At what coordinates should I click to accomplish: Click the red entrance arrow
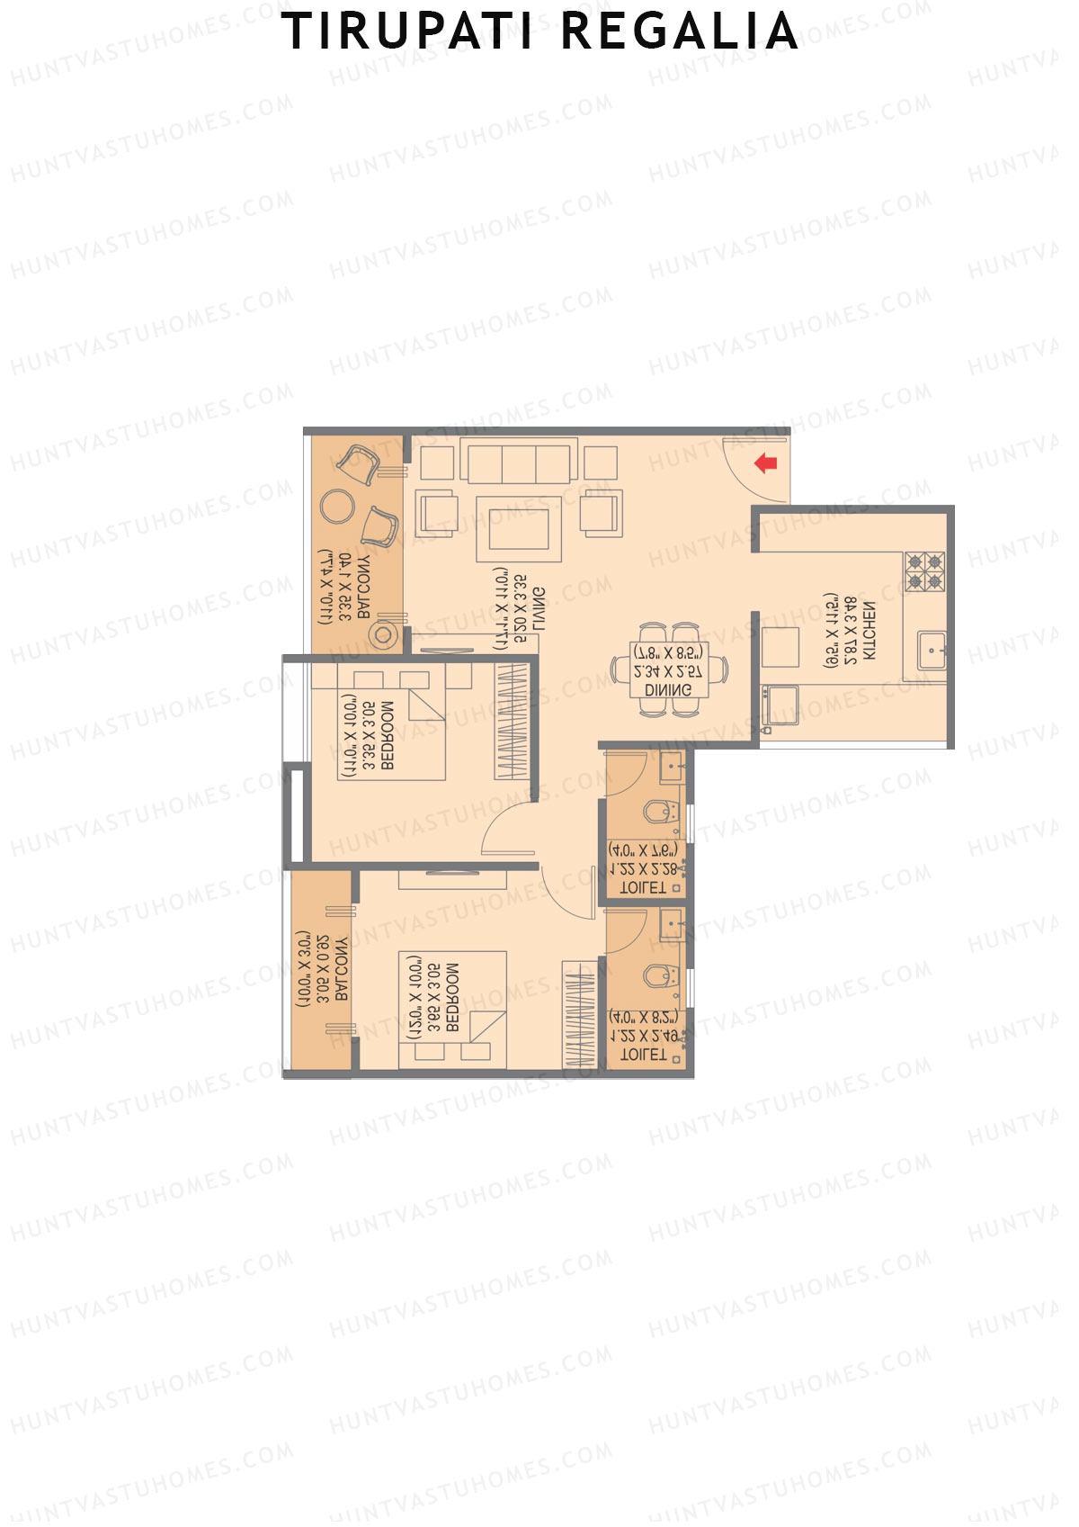coord(765,463)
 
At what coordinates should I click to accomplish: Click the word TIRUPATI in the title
coord(410,32)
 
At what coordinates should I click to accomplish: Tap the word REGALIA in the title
coord(680,32)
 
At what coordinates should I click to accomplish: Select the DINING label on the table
coord(668,690)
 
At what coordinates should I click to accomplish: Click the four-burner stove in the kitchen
coord(924,571)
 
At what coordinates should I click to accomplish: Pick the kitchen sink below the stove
coord(932,650)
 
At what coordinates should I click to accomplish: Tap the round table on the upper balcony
coord(338,506)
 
